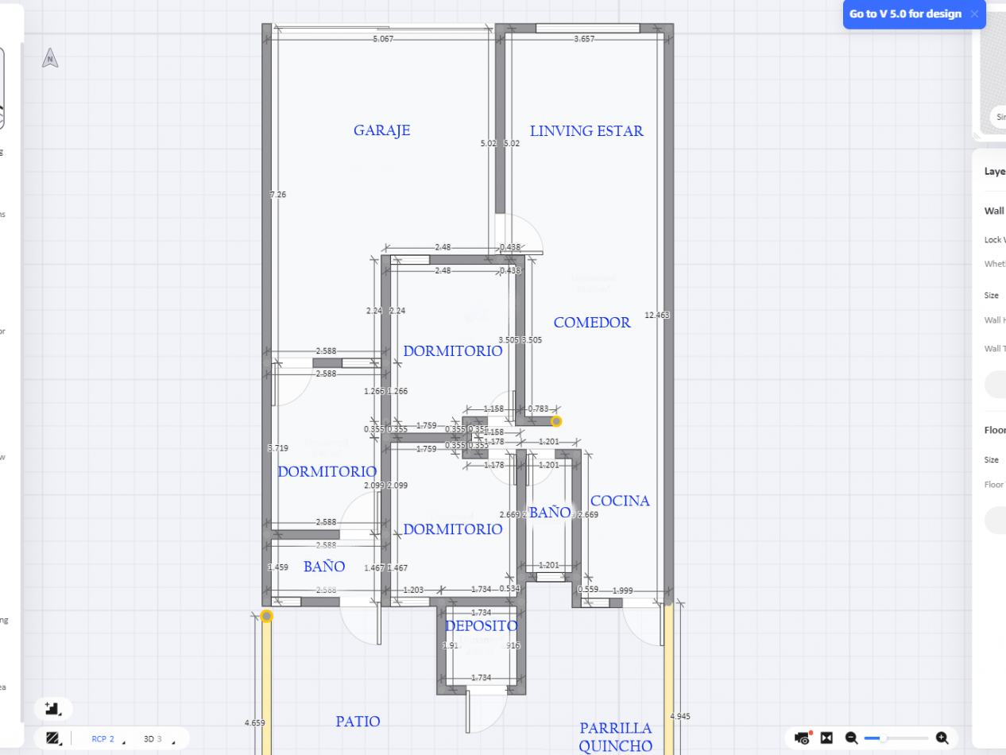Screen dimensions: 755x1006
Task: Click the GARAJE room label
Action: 382,130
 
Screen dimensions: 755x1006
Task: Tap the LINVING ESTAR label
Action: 586,131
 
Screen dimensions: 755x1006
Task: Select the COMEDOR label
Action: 592,323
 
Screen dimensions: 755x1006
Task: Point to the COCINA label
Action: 620,501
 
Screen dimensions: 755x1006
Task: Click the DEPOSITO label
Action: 481,626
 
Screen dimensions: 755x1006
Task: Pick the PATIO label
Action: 358,722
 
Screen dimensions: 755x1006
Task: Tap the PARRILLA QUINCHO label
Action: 615,737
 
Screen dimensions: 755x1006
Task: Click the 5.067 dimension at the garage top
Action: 383,39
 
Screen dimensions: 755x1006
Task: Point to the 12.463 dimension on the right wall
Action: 657,316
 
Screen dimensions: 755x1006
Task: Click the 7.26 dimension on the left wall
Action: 278,195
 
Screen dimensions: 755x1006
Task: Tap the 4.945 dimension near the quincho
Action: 680,716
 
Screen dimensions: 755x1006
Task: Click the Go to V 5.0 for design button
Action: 905,14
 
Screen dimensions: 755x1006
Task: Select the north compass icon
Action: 50,58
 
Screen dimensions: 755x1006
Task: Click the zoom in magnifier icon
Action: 942,738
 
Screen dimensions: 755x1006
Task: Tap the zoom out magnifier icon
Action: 851,738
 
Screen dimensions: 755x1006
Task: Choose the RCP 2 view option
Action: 103,739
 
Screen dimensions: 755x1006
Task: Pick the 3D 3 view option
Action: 153,739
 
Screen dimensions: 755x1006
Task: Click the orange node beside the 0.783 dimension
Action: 557,421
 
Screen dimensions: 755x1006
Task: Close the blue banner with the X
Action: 974,14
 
